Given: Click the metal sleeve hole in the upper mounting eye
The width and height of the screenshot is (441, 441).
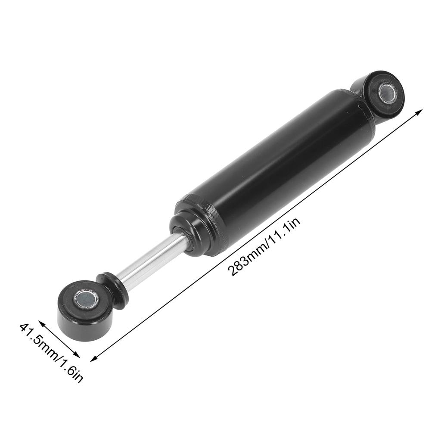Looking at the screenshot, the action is pyautogui.click(x=388, y=93).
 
